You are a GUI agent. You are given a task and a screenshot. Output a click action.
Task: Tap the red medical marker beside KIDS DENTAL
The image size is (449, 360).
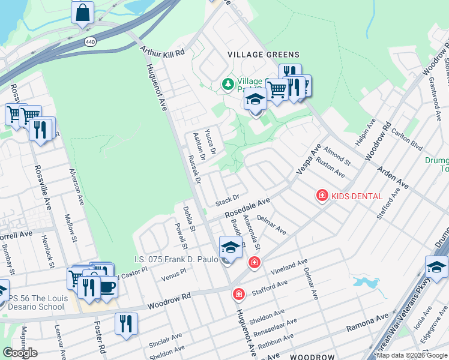(322, 196)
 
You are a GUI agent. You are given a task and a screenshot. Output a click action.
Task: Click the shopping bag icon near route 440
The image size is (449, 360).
(83, 12)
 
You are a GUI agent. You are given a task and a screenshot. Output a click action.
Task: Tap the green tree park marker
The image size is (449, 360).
(228, 84)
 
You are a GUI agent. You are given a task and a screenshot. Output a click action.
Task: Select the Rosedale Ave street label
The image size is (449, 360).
(248, 209)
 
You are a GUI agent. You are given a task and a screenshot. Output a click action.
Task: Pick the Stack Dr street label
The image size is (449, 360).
(228, 199)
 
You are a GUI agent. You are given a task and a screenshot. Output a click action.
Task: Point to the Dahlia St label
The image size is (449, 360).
(190, 219)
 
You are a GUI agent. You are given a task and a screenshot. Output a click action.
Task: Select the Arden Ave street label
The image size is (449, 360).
(393, 178)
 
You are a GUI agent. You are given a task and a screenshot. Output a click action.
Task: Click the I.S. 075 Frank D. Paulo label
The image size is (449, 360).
(175, 259)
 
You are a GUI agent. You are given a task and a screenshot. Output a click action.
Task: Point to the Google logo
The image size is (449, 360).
(20, 353)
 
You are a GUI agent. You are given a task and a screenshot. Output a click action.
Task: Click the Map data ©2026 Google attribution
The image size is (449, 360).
(412, 355)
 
